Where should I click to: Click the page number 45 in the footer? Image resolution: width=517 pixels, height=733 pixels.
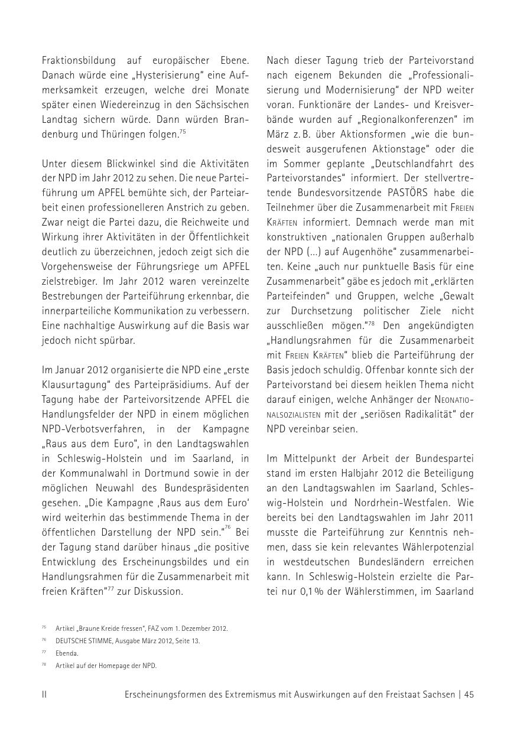[x=469, y=695]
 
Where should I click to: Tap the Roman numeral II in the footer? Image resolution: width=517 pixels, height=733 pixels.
[x=44, y=695]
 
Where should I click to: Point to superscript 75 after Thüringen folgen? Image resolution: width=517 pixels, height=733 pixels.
[x=184, y=131]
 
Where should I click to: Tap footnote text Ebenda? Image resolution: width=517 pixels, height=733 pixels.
[x=67, y=653]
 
